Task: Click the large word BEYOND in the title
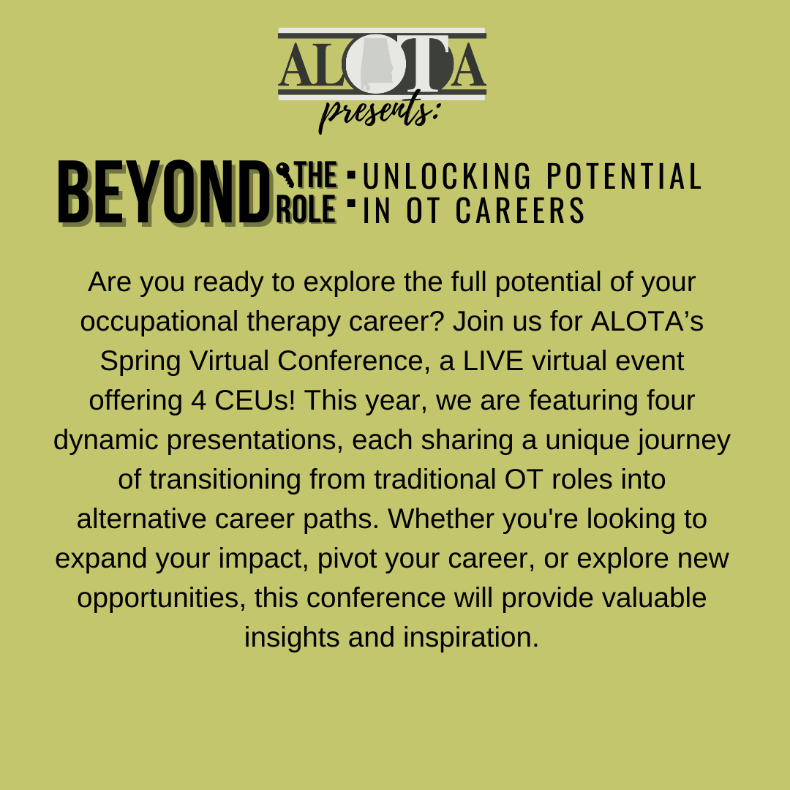165,193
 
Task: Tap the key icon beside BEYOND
285,174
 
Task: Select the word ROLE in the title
306,210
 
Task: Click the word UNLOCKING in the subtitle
447,176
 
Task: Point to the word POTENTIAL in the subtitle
624,176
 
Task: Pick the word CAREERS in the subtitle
519,210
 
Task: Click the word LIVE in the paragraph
493,361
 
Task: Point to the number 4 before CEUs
198,401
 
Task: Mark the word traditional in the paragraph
434,479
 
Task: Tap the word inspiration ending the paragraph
471,637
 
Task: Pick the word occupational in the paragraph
159,322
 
